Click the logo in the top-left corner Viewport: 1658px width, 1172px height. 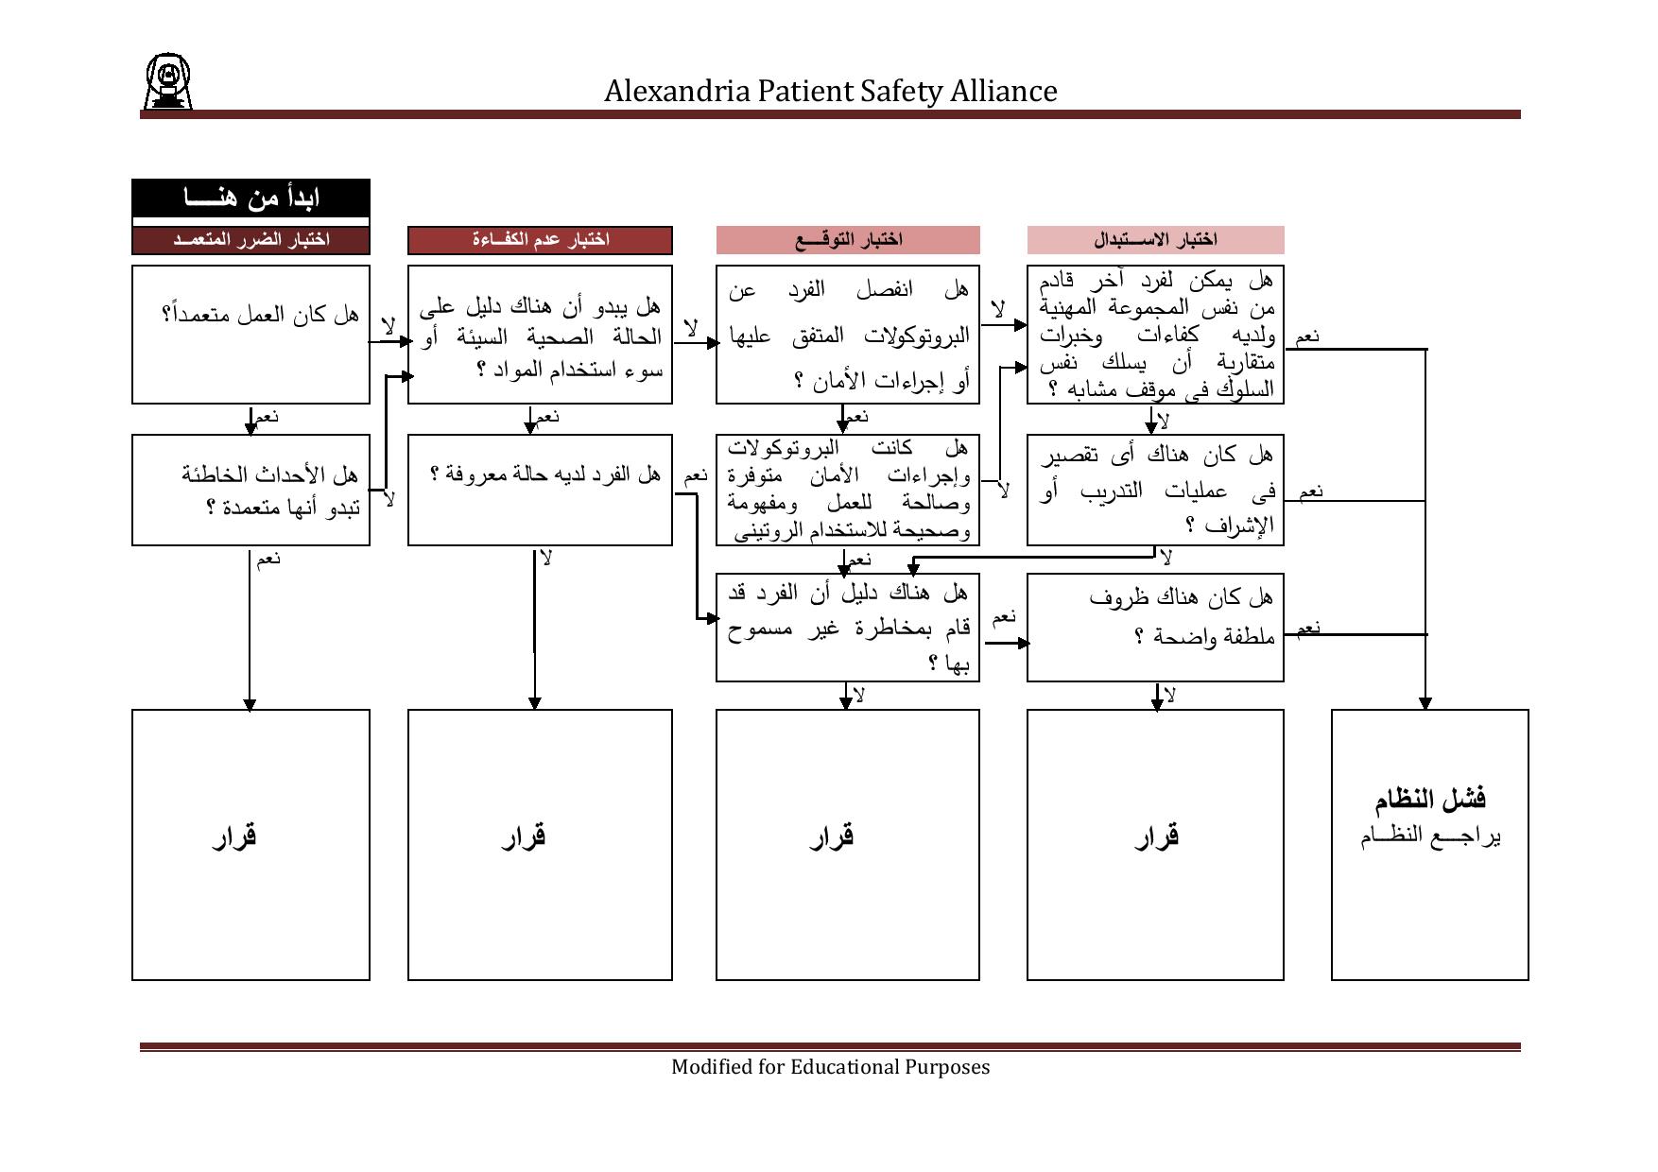click(x=167, y=81)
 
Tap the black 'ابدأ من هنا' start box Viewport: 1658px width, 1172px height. click(x=250, y=198)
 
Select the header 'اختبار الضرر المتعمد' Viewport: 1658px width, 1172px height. click(x=250, y=240)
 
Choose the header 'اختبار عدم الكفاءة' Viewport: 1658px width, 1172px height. click(x=540, y=240)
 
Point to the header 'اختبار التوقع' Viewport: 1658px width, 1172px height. click(x=848, y=240)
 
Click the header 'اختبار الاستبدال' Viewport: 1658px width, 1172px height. click(x=1155, y=240)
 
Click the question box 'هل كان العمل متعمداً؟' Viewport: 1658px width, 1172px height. click(x=250, y=334)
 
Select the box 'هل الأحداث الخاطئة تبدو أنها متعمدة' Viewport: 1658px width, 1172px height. click(x=250, y=490)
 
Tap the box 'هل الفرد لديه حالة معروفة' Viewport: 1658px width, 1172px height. click(x=540, y=490)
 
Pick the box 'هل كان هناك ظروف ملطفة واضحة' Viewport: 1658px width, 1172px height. click(x=1155, y=627)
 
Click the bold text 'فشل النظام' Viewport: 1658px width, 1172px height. click(x=1429, y=800)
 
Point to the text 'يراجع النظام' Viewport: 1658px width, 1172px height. click(x=1429, y=836)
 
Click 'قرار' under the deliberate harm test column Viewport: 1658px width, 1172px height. click(x=235, y=836)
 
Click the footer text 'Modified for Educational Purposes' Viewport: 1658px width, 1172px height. click(x=830, y=1067)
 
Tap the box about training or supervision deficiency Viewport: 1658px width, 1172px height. click(x=1155, y=490)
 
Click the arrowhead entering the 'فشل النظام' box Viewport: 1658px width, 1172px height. click(x=1425, y=703)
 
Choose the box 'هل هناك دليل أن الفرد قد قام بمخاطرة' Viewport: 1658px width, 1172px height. click(x=848, y=627)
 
